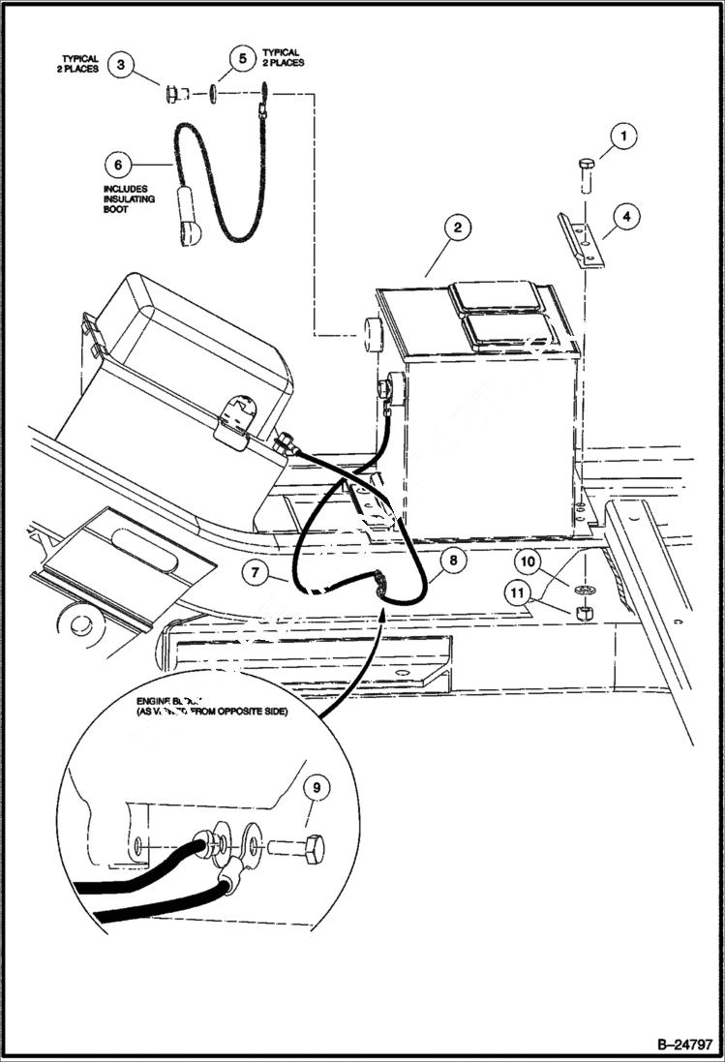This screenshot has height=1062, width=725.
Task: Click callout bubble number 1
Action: coord(624,137)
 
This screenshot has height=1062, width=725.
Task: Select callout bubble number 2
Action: coord(457,228)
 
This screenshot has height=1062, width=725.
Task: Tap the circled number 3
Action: coord(120,66)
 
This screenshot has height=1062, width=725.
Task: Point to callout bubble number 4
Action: coord(626,218)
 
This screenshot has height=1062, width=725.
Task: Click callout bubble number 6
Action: coord(119,162)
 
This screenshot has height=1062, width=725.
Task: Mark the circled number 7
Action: coord(254,573)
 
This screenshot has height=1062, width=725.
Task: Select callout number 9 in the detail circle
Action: coord(312,789)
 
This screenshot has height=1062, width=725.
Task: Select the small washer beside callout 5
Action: coord(211,95)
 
